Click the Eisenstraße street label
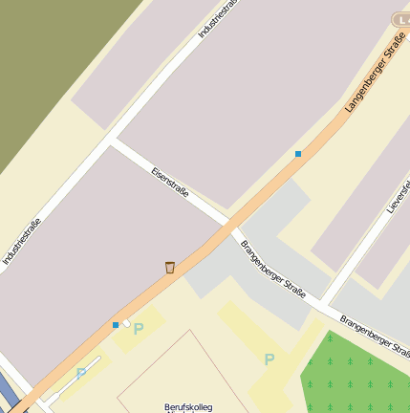click(170, 184)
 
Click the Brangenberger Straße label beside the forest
click(374, 335)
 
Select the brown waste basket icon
click(170, 268)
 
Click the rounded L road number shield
click(401, 18)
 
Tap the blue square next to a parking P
click(116, 325)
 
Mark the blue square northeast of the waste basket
click(298, 153)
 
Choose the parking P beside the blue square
click(139, 329)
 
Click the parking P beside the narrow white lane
click(81, 373)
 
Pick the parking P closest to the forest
click(269, 359)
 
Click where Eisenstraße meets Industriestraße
click(113, 141)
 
